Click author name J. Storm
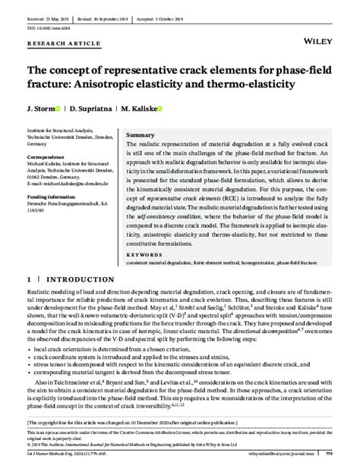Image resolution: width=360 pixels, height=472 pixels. click(39, 109)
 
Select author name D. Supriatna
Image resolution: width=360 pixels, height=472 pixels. click(88, 109)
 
